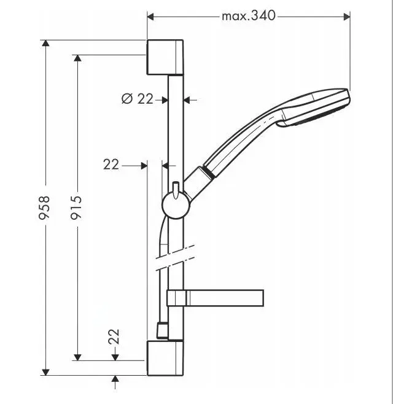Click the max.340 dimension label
point(248,16)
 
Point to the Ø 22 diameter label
point(137,98)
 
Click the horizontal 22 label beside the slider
point(111,164)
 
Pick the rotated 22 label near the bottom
point(114,336)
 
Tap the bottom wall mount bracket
point(165,357)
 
